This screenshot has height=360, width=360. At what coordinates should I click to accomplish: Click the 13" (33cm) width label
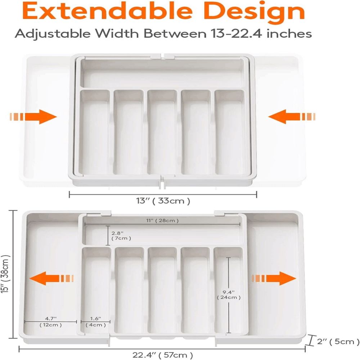163,201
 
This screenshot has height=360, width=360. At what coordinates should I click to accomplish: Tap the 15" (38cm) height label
5,274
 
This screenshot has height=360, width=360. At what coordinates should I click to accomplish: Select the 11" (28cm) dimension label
162,220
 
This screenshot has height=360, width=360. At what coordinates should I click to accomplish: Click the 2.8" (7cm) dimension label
121,235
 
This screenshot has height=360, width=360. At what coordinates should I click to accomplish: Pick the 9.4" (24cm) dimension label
229,294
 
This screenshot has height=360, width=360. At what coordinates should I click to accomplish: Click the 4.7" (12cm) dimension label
51,321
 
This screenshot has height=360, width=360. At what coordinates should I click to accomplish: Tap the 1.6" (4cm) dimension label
95,321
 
